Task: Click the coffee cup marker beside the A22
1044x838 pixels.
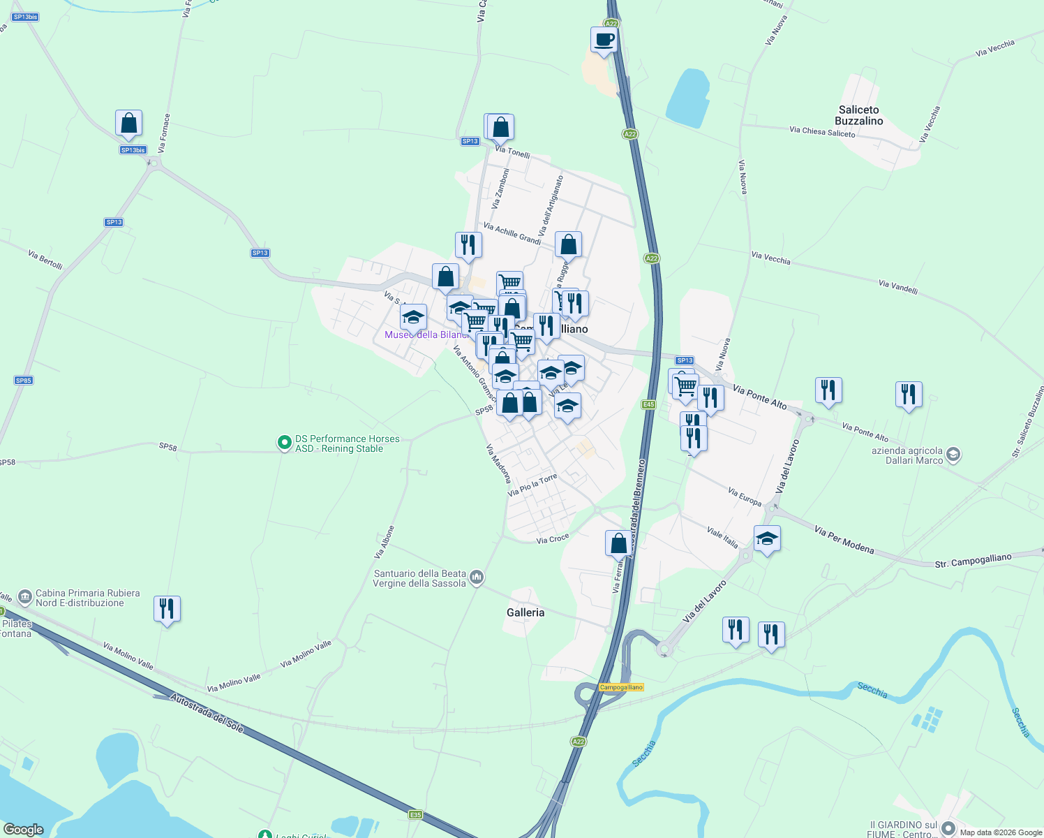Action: pos(604,41)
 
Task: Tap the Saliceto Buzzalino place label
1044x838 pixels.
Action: pos(859,115)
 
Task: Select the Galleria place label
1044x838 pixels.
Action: pos(525,612)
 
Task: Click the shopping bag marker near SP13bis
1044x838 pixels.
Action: pos(129,124)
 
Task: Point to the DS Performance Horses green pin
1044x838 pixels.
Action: pos(284,443)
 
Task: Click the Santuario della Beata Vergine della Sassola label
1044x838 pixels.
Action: pos(419,578)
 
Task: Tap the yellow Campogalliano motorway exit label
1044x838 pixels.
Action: pos(621,687)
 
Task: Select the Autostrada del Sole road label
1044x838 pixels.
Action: pos(207,713)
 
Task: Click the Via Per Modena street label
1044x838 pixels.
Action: pos(844,540)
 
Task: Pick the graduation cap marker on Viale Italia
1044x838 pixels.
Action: pos(767,538)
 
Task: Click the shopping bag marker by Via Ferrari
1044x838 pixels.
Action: pos(618,543)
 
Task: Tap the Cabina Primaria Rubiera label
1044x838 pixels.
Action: pos(87,598)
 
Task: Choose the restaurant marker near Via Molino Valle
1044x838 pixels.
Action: pos(167,609)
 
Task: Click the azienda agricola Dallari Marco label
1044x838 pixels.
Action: pos(907,455)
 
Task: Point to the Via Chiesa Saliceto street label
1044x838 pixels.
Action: pos(822,131)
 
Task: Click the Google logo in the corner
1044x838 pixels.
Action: pos(23,830)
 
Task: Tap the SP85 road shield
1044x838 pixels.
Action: pos(24,381)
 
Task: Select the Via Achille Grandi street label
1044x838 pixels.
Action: pos(512,234)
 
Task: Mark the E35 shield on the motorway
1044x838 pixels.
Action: pos(416,814)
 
